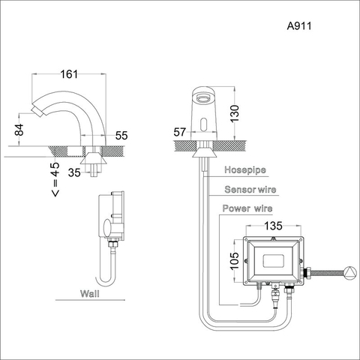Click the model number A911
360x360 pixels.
click(x=299, y=25)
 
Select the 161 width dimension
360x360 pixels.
click(x=70, y=75)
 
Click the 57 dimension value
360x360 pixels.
click(x=180, y=133)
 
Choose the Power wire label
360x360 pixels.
click(x=248, y=208)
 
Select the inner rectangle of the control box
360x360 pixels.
click(x=274, y=260)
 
